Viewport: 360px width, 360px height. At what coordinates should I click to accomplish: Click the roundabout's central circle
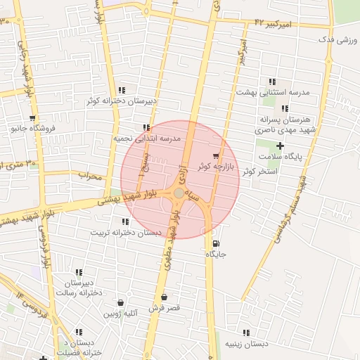click(x=179, y=193)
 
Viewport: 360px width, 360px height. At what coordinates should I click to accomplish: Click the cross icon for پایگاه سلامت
click(x=280, y=146)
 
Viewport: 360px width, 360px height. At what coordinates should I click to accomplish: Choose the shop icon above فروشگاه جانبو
click(x=32, y=118)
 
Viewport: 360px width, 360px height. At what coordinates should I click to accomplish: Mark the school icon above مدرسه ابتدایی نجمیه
click(x=146, y=128)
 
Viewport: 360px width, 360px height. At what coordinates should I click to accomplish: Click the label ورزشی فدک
click(x=335, y=40)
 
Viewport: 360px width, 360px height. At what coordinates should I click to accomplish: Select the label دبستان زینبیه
click(x=246, y=344)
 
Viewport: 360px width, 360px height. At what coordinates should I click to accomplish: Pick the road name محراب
click(x=90, y=176)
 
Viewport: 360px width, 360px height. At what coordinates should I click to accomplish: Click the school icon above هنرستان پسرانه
click(x=285, y=108)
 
